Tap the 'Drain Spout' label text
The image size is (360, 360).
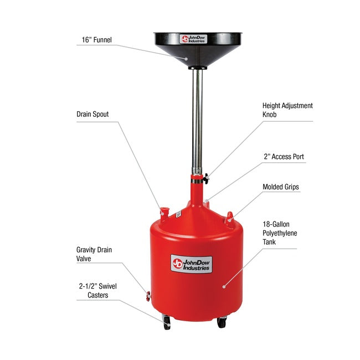(92, 115)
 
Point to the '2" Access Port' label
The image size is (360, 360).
(284, 157)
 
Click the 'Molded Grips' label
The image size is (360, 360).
(281, 187)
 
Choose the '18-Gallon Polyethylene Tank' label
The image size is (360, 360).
(280, 233)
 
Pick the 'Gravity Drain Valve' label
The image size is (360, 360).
(94, 254)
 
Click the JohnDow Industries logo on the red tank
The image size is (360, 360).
(192, 264)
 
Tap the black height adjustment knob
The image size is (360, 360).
(206, 178)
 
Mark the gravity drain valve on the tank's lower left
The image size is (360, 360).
(148, 294)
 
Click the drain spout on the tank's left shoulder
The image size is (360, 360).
(163, 211)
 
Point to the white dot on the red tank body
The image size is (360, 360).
(223, 286)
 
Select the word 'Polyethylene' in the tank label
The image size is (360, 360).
(280, 233)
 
